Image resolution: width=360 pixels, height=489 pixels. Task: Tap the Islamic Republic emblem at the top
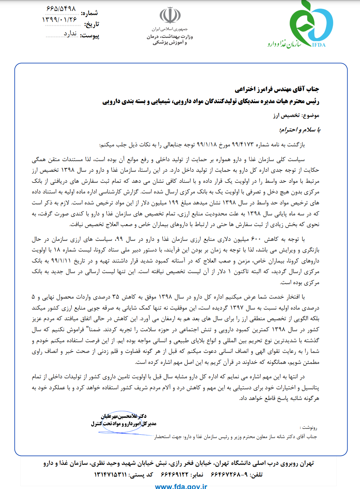pyautogui.click(x=170, y=15)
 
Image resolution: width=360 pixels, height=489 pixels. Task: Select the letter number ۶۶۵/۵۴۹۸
pyautogui.click(x=61, y=9)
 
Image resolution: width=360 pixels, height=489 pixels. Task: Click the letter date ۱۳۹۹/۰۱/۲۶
pyautogui.click(x=59, y=20)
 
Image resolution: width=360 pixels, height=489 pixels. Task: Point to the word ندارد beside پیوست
pyautogui.click(x=70, y=34)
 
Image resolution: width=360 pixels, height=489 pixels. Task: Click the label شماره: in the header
pyautogui.click(x=89, y=13)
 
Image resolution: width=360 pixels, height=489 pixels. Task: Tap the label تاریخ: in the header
pyautogui.click(x=91, y=24)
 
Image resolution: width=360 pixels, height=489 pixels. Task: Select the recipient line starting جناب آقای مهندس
pyautogui.click(x=277, y=89)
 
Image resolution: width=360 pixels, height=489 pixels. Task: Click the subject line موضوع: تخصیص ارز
pyautogui.click(x=296, y=115)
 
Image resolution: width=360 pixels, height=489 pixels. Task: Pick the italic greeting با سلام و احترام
pyautogui.click(x=299, y=130)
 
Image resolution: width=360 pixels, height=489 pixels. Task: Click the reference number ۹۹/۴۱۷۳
pyautogui.click(x=242, y=145)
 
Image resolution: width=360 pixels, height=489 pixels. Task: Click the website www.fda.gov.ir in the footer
pyautogui.click(x=181, y=486)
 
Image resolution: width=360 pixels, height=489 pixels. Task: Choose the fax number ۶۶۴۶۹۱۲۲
pyautogui.click(x=175, y=475)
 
